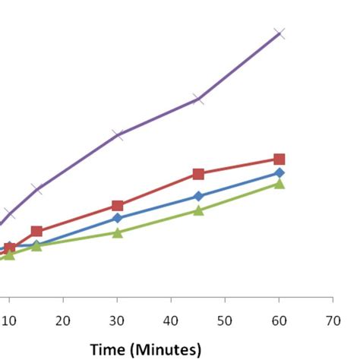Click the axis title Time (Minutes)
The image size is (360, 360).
146,349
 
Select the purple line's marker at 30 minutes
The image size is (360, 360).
118,134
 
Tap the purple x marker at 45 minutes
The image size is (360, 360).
198,99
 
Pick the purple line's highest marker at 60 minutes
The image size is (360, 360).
279,33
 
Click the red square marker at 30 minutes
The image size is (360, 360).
118,206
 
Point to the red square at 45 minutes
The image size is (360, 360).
198,174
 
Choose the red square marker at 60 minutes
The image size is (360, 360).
279,159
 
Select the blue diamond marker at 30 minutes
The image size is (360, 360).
118,218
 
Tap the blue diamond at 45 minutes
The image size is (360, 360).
198,196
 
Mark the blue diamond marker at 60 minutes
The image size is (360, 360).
279,173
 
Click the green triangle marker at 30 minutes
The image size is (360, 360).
118,232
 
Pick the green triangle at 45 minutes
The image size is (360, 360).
198,210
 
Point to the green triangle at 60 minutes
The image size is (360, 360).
279,184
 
